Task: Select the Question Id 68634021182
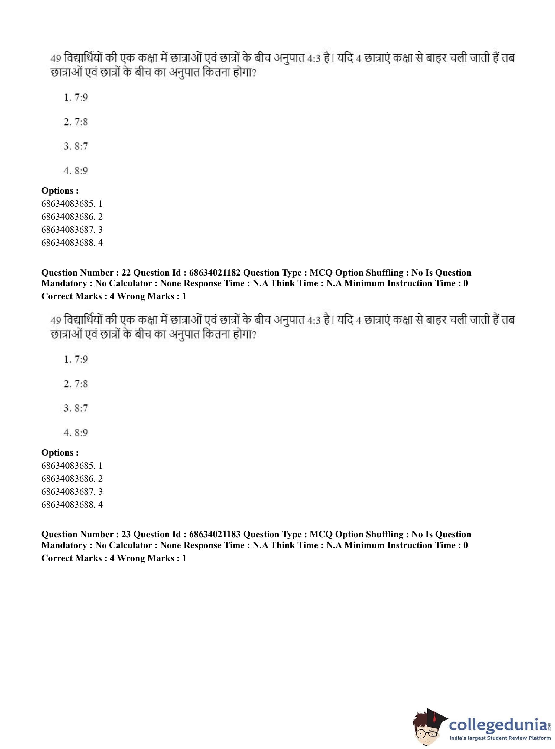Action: tap(215, 273)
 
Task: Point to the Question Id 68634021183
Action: tap(215, 535)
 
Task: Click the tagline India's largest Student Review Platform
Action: tap(500, 738)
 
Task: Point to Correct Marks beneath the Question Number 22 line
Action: tap(72, 296)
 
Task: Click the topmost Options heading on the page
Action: tap(60, 191)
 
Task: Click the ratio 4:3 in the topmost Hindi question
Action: tap(313, 58)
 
